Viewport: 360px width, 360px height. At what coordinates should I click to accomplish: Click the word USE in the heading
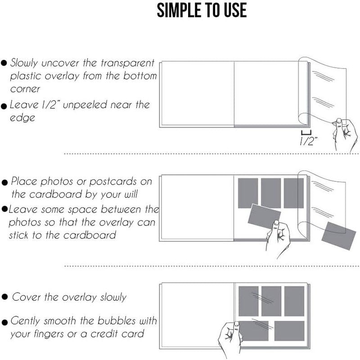click(235, 10)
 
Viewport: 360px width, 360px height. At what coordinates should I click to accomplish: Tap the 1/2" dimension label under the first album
click(308, 141)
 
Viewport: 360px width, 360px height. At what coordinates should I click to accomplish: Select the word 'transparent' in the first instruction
click(128, 63)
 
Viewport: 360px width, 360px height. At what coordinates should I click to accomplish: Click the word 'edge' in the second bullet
click(22, 118)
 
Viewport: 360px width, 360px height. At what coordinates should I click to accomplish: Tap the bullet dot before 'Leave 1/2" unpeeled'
click(4, 106)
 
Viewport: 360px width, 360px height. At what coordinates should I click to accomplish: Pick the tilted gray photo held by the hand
click(264, 216)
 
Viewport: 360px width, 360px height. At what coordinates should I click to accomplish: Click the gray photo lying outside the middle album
click(335, 235)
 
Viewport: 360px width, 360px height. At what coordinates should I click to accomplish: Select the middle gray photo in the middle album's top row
click(271, 193)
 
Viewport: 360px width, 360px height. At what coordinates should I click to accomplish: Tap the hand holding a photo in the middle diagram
click(278, 239)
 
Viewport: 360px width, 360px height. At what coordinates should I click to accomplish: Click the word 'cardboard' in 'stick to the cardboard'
click(90, 235)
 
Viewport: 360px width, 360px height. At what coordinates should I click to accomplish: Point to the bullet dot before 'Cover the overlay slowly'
click(4, 297)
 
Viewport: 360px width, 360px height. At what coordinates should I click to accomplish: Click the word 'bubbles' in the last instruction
click(117, 320)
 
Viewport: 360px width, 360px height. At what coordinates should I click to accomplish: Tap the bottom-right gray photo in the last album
click(289, 331)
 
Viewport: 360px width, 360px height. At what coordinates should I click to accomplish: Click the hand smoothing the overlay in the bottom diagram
click(229, 339)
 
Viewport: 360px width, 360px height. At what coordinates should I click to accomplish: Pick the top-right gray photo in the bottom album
click(294, 301)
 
